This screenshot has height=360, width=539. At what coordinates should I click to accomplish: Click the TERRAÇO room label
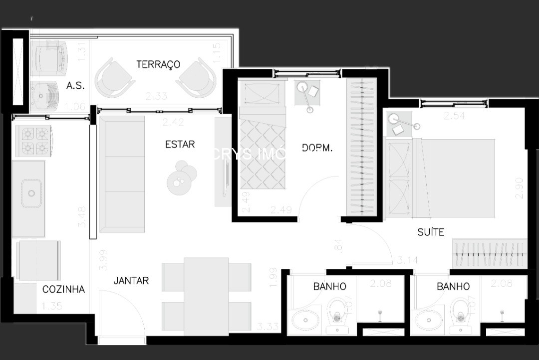point(158,64)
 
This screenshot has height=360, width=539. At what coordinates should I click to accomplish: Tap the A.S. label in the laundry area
point(75,85)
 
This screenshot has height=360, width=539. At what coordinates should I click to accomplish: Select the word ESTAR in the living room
point(180,144)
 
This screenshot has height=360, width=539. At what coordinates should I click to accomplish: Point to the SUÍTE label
point(431,232)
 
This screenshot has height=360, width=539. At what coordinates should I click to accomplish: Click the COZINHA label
point(63,289)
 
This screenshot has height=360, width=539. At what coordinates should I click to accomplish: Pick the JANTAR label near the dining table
point(131,281)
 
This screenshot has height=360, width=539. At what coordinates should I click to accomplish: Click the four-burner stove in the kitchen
point(33,141)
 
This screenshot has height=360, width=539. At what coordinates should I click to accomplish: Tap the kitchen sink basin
point(31,193)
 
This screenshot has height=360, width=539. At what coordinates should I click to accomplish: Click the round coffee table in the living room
point(181,178)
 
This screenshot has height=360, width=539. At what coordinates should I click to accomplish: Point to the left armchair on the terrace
point(114,78)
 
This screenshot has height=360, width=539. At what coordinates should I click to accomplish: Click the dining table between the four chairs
point(206,296)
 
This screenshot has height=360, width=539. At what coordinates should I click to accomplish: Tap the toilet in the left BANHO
point(337,315)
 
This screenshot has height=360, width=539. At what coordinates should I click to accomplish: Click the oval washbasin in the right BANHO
point(428,320)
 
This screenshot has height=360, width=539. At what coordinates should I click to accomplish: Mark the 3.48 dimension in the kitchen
point(82,217)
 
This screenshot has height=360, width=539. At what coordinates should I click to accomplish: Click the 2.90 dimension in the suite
point(520,188)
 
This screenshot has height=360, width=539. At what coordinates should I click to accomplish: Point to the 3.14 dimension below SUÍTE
point(407,260)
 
